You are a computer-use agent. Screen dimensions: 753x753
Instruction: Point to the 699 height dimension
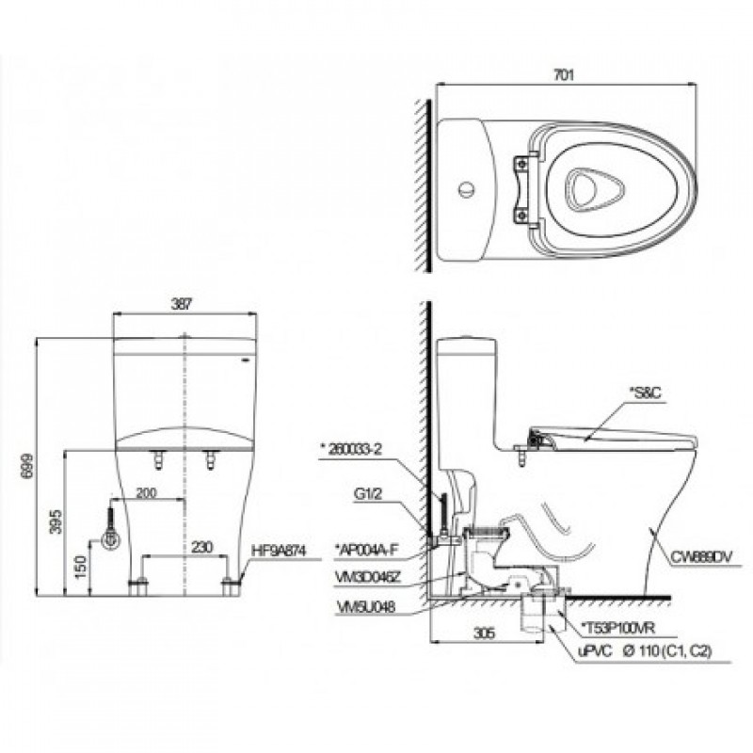point(24,463)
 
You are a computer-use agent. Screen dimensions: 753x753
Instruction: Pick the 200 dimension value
point(147,492)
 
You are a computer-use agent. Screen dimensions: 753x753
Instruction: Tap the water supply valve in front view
point(110,539)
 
